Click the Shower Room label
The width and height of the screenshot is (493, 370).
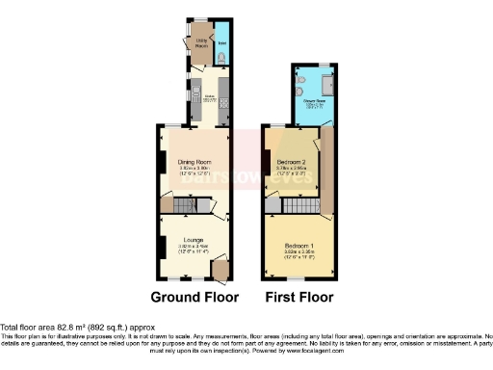314,100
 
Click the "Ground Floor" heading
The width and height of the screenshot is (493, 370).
194,297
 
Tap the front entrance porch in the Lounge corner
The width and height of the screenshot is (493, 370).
221,271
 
